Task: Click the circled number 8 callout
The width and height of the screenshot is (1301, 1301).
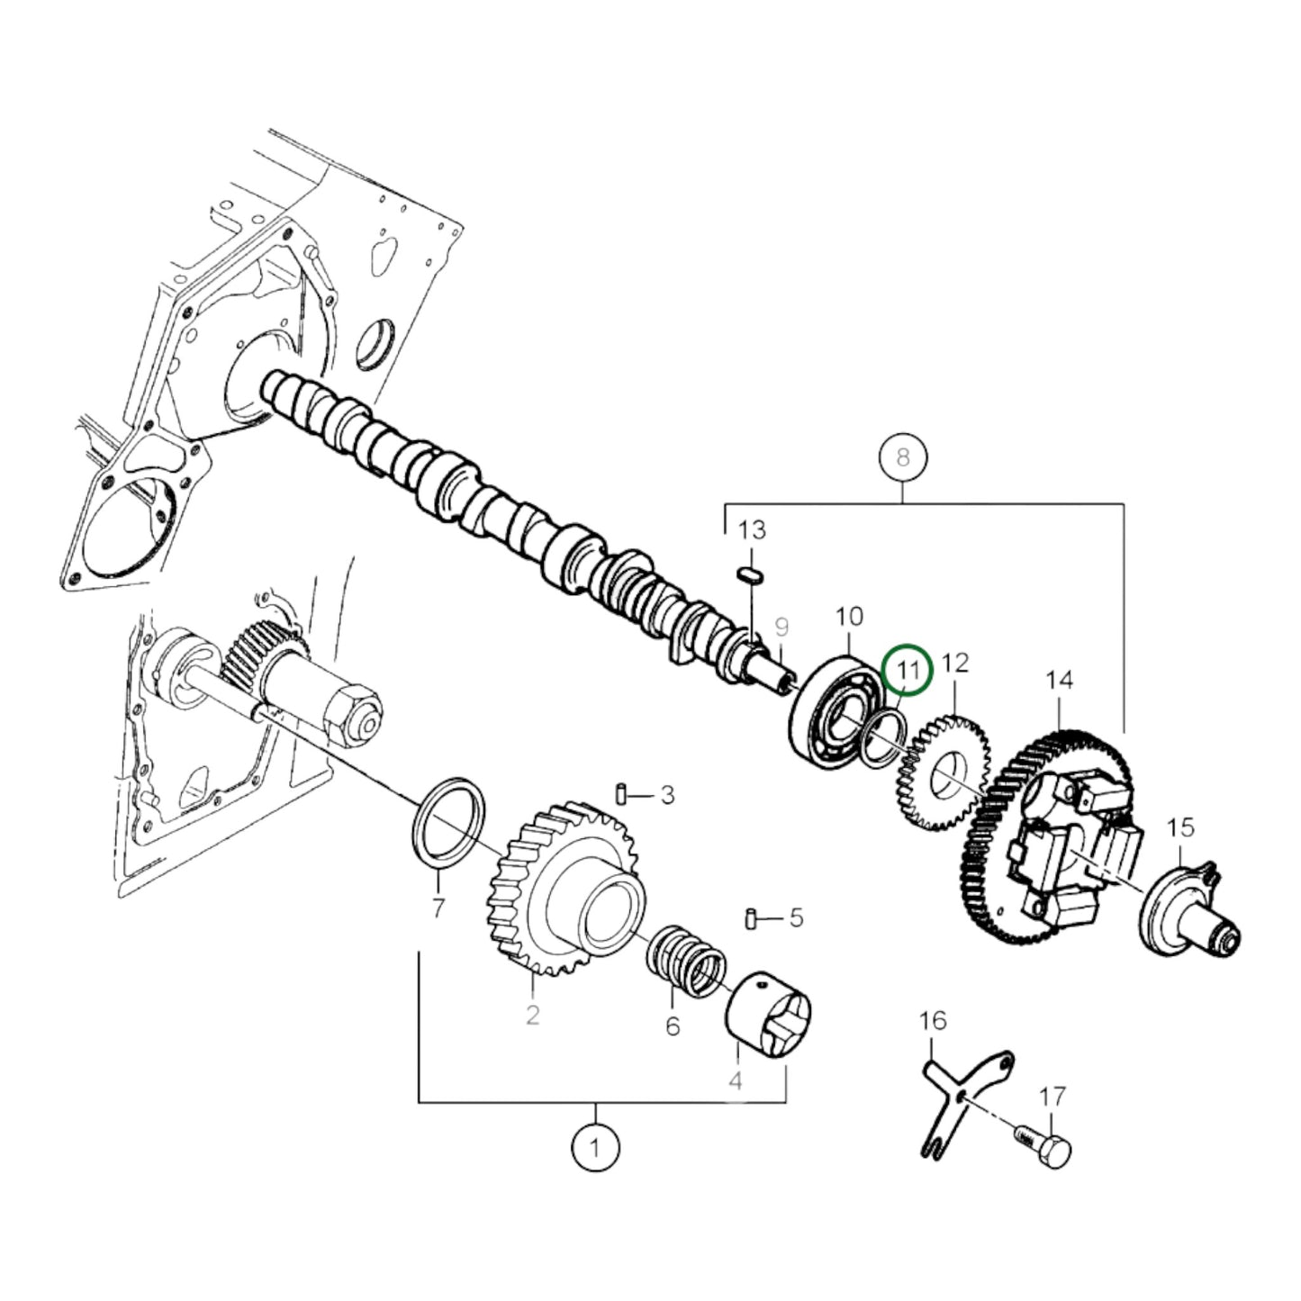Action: point(902,457)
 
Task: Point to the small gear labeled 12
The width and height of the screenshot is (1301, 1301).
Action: point(943,772)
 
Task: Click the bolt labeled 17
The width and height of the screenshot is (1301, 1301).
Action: point(1048,1148)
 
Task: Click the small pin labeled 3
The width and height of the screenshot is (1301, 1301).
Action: point(621,794)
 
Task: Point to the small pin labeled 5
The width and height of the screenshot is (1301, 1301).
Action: point(750,918)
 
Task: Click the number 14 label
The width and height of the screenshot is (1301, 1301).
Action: point(1060,679)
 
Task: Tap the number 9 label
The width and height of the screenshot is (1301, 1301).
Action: point(781,626)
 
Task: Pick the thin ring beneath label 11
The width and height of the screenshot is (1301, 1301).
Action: point(882,735)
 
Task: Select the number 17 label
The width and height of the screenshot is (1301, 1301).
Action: point(1052,1097)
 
